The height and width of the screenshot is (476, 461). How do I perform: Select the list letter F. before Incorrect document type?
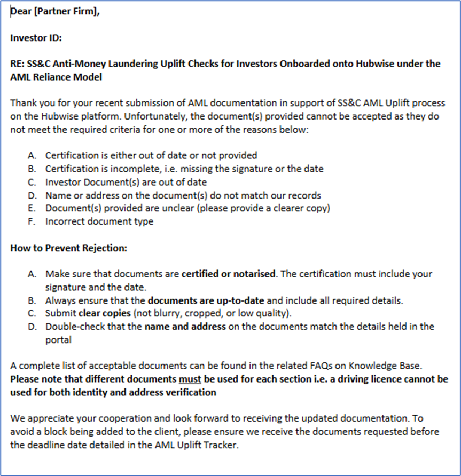click(33, 221)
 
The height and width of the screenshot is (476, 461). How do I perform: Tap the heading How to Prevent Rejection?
click(69, 248)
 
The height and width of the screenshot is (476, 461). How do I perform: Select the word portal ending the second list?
click(58, 339)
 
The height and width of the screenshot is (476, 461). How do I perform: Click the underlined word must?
click(190, 379)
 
